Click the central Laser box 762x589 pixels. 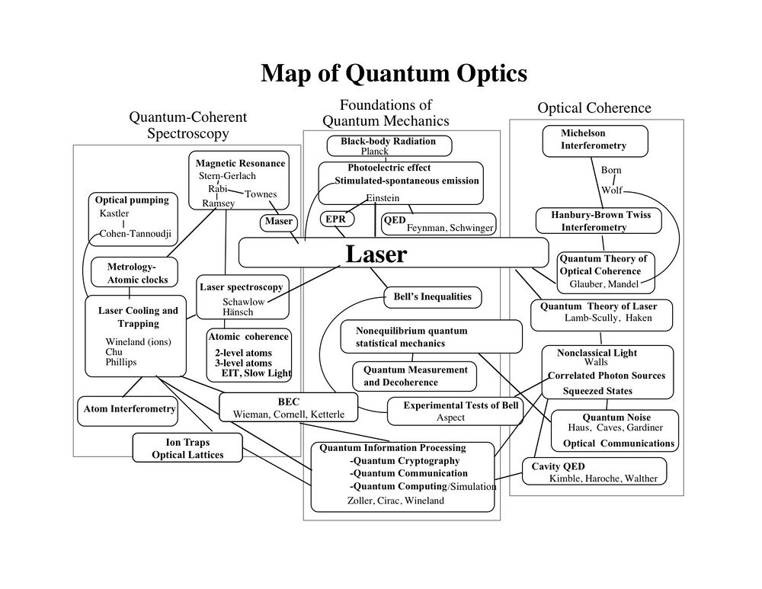click(x=392, y=253)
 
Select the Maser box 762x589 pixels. click(x=279, y=222)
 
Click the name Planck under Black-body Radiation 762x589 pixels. click(x=375, y=152)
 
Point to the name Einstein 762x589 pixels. click(x=383, y=198)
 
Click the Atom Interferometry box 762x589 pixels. click(x=129, y=409)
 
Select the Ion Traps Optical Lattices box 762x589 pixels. click(x=187, y=448)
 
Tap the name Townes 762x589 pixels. click(x=261, y=194)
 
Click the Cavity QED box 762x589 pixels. click(x=594, y=472)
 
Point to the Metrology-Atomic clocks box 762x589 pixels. click(x=134, y=273)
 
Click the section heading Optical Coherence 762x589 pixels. click(x=594, y=108)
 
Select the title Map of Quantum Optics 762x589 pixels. click(x=394, y=73)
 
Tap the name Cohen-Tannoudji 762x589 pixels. click(x=136, y=233)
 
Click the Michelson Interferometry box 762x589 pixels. click(x=594, y=139)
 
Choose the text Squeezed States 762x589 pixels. click(x=597, y=391)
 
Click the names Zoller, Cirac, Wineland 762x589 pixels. click(x=395, y=501)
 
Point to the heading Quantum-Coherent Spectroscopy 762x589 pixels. click(x=187, y=126)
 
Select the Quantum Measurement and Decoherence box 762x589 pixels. click(x=415, y=376)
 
